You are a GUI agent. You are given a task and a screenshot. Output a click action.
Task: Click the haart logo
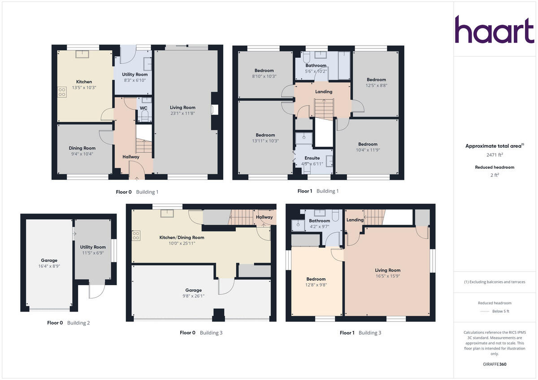[495, 30]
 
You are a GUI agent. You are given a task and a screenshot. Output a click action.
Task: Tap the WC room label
[143, 108]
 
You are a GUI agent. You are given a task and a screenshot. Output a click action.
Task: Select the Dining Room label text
[82, 148]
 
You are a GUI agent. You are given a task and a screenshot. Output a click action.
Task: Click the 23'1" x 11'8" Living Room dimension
[182, 113]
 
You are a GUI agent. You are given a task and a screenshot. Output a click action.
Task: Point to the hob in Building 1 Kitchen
[61, 92]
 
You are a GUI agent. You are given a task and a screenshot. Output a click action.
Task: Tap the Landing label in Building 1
[324, 92]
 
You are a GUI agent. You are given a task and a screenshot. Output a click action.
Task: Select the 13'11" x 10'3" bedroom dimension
[265, 141]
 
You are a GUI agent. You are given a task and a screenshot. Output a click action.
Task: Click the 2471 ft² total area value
[495, 155]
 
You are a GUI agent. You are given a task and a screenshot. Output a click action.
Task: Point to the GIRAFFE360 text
[495, 364]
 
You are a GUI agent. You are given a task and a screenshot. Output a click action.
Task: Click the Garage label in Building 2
[49, 260]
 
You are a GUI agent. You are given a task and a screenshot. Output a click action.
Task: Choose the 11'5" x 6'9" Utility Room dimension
[93, 253]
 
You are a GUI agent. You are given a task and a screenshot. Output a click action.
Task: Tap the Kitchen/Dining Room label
[182, 238]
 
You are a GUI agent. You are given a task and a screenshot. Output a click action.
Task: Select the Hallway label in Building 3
[265, 217]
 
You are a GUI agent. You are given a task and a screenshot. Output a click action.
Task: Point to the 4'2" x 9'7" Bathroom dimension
[319, 226]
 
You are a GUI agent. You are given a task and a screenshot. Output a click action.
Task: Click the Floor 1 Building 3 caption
[360, 333]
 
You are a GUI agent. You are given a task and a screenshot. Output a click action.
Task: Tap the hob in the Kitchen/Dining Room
[136, 235]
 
